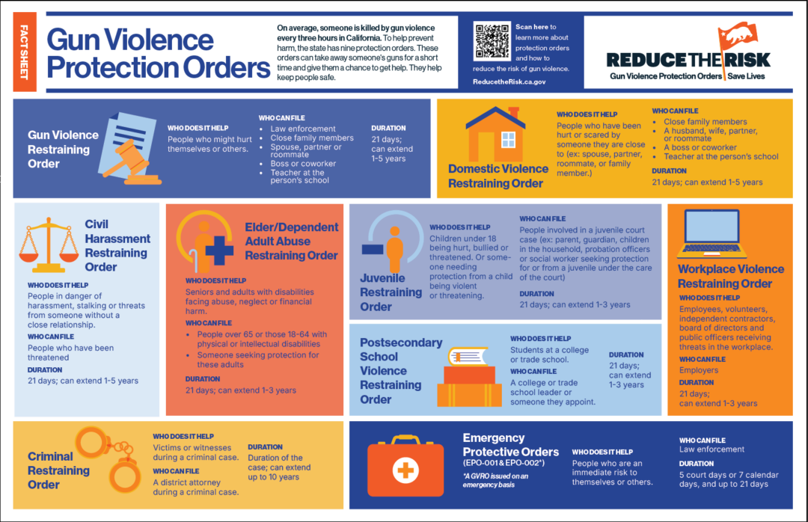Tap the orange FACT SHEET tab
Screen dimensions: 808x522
24,52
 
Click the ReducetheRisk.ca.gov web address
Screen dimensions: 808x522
509,82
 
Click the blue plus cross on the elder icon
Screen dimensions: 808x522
219,250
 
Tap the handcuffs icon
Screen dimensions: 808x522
108,458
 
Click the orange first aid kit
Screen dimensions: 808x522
405,467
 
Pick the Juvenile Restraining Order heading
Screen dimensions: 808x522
391,292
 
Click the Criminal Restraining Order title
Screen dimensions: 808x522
58,470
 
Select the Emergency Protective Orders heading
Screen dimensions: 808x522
511,445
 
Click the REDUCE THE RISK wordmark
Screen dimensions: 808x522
688,61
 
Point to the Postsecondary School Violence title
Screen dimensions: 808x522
401,370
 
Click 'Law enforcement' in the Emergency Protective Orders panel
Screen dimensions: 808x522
711,449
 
